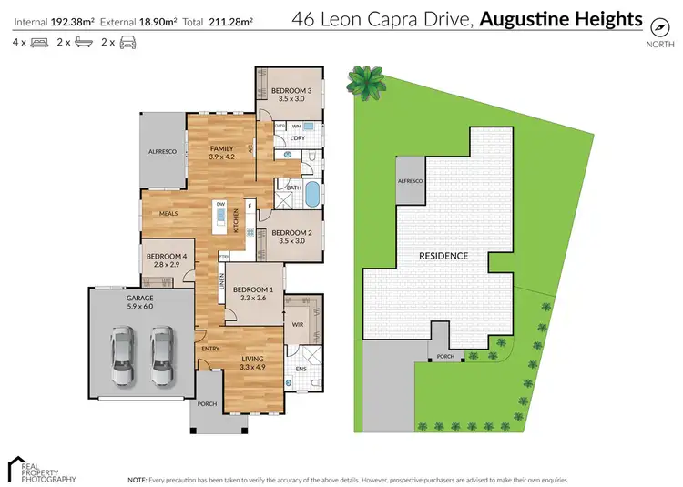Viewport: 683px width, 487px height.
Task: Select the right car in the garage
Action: (x=163, y=355)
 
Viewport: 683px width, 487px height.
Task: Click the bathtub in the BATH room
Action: (x=312, y=194)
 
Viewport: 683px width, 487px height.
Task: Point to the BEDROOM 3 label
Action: (x=291, y=89)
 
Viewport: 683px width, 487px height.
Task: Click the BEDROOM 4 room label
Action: (x=166, y=256)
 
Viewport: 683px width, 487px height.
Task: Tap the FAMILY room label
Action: (x=222, y=148)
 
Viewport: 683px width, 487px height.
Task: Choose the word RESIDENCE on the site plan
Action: (x=444, y=256)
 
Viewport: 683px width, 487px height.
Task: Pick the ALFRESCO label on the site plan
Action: (x=410, y=181)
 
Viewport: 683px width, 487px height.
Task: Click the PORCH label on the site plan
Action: (x=445, y=357)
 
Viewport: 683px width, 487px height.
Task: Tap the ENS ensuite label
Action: (x=301, y=370)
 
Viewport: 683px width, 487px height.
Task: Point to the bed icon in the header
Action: (x=38, y=42)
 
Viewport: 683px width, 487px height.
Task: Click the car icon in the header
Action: (x=127, y=42)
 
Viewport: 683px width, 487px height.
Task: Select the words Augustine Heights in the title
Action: (x=561, y=19)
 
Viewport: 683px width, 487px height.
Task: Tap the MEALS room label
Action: (x=167, y=214)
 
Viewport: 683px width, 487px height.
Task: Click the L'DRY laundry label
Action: (x=297, y=138)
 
